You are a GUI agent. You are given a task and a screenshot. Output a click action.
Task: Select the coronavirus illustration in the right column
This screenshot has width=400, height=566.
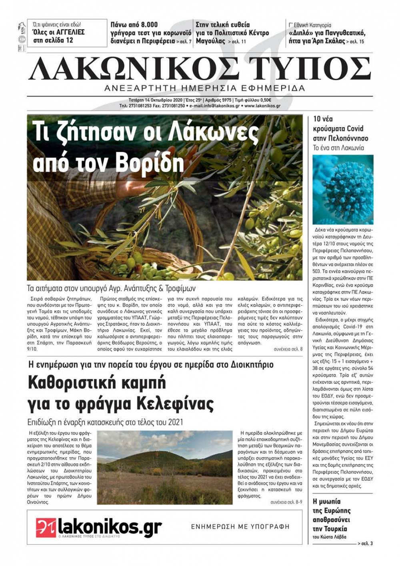343,190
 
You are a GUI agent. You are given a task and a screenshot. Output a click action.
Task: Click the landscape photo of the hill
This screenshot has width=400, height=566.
165,467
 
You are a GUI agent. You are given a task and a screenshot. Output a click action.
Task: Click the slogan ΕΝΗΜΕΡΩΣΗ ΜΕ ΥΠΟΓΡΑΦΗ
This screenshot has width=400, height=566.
240,527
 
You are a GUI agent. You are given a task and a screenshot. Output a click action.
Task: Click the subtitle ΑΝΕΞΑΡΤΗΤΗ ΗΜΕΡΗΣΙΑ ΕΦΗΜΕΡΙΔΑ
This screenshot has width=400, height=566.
204,88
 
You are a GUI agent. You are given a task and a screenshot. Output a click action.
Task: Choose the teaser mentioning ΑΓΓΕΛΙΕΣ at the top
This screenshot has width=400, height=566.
59,33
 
